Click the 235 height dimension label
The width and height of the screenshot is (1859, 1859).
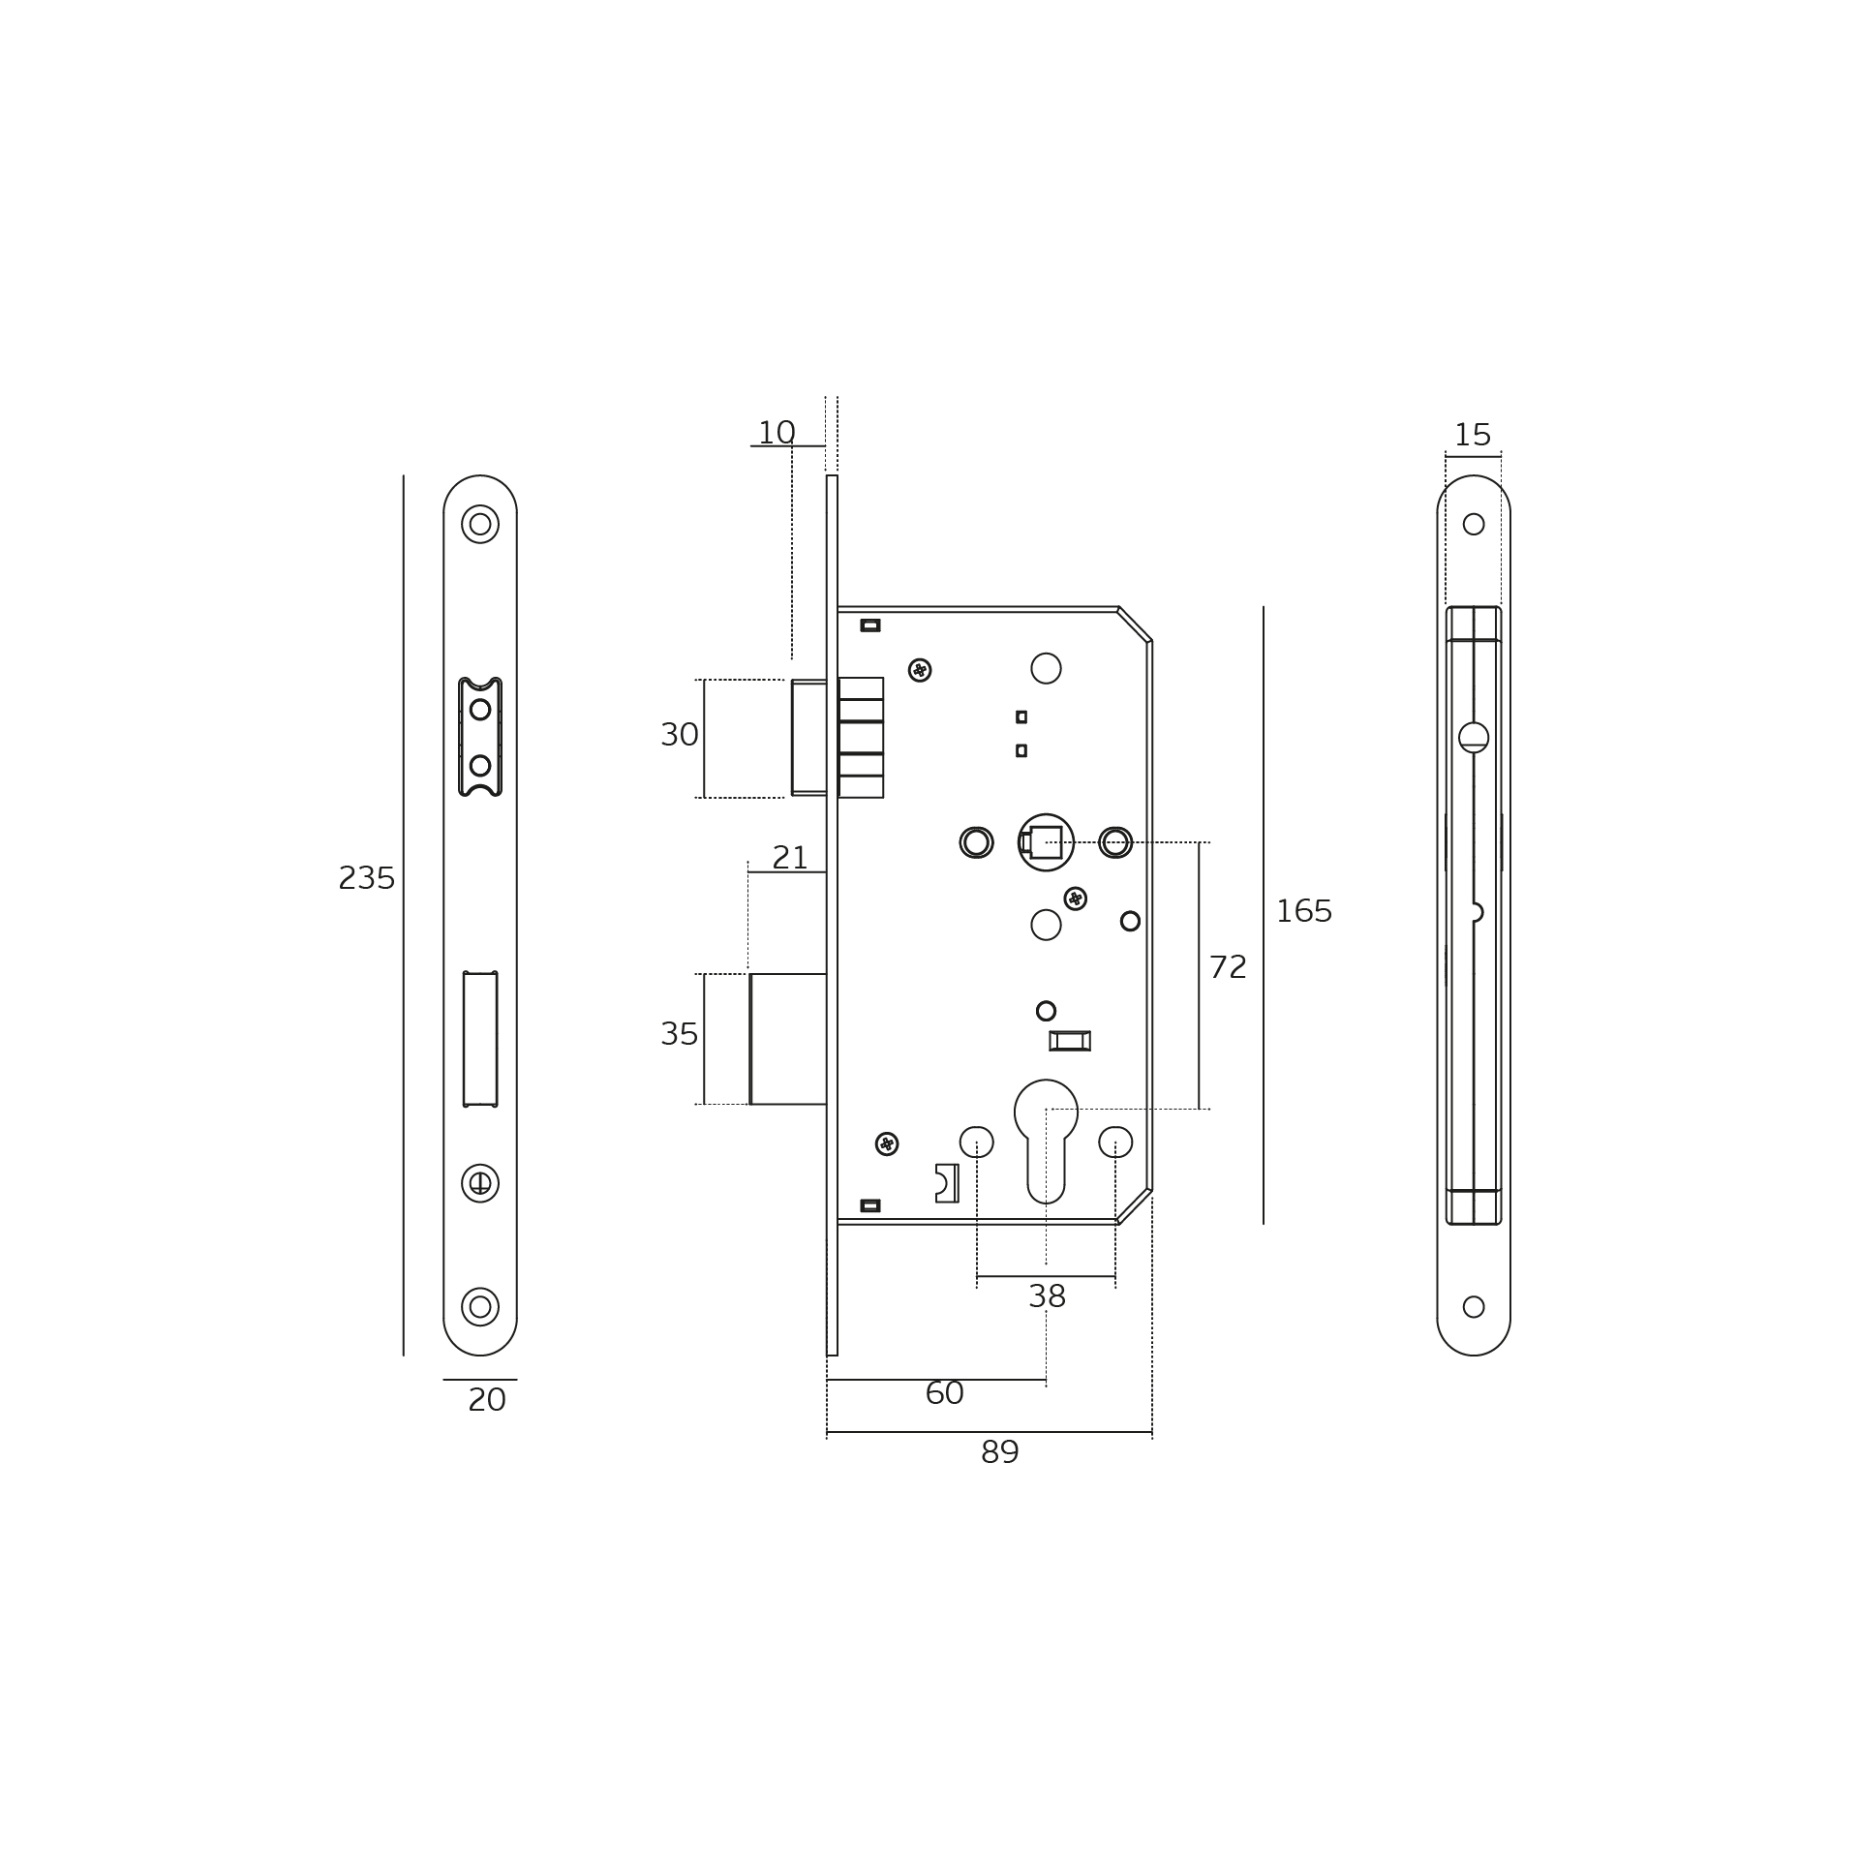[367, 878]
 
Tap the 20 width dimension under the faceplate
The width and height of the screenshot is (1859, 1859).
[487, 1400]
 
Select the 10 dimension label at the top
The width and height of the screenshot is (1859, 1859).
[777, 433]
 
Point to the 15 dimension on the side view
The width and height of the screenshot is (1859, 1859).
[1473, 435]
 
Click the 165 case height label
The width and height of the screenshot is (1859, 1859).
[1304, 911]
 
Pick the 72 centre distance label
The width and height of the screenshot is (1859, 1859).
[1228, 967]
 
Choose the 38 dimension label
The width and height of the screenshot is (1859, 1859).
[1047, 1296]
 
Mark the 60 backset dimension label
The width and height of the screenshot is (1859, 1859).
[944, 1393]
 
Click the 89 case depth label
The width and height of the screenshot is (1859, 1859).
[1000, 1452]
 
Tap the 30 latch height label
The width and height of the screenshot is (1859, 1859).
[680, 735]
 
